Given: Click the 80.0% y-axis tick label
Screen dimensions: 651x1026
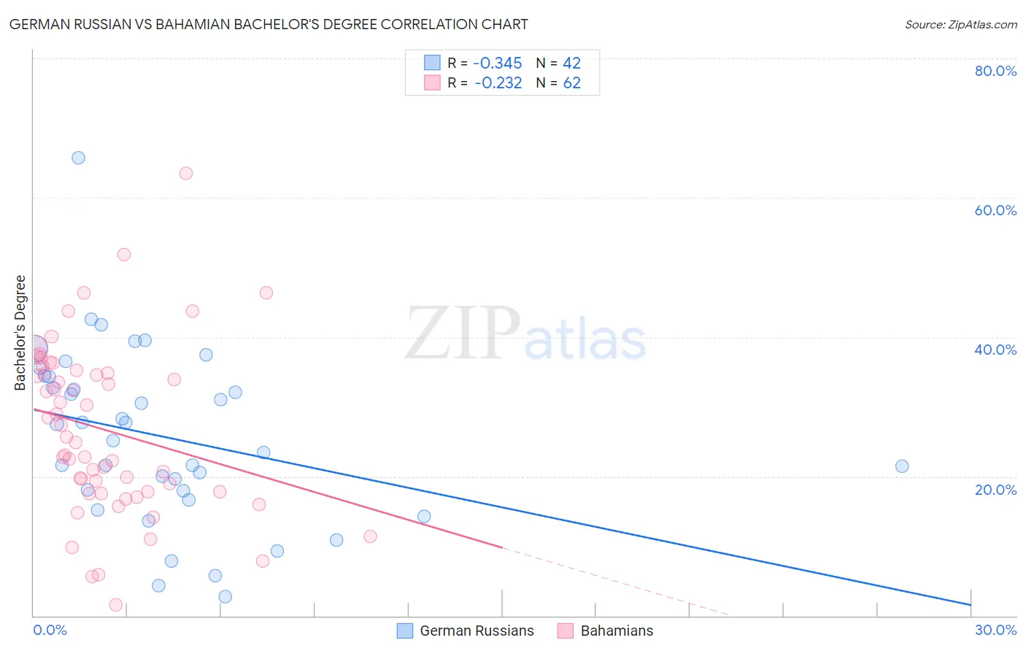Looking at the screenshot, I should (x=995, y=71).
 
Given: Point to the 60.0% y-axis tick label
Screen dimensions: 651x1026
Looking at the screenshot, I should (x=995, y=210).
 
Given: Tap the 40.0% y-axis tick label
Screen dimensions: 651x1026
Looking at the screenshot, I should (x=995, y=350).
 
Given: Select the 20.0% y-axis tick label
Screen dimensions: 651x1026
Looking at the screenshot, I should (x=995, y=489).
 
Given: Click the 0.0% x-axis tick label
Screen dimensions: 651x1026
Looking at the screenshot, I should (x=50, y=630).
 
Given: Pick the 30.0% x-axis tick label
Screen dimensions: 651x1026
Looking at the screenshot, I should (x=995, y=630).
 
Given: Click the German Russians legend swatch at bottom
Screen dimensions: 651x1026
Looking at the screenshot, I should (x=405, y=631).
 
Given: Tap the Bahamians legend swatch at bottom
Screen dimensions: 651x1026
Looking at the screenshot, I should (x=566, y=631).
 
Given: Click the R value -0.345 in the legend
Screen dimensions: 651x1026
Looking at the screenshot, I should (x=498, y=63).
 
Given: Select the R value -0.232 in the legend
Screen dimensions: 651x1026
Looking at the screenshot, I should (x=498, y=83).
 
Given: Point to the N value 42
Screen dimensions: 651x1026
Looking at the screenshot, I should (x=571, y=63).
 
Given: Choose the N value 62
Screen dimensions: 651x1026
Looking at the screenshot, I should (x=571, y=83).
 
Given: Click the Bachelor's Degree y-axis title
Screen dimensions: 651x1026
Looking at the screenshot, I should (x=20, y=333).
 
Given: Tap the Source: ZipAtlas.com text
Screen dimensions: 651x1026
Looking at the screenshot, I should (x=960, y=25).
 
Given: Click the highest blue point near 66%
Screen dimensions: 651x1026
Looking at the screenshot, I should (x=78, y=158).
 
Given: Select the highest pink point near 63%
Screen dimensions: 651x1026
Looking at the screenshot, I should (x=186, y=173).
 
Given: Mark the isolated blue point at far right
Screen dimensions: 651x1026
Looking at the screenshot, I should (x=902, y=466).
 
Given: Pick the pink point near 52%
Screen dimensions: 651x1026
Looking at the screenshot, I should (x=124, y=255).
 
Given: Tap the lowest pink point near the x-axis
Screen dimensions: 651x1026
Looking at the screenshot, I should (x=115, y=604).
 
